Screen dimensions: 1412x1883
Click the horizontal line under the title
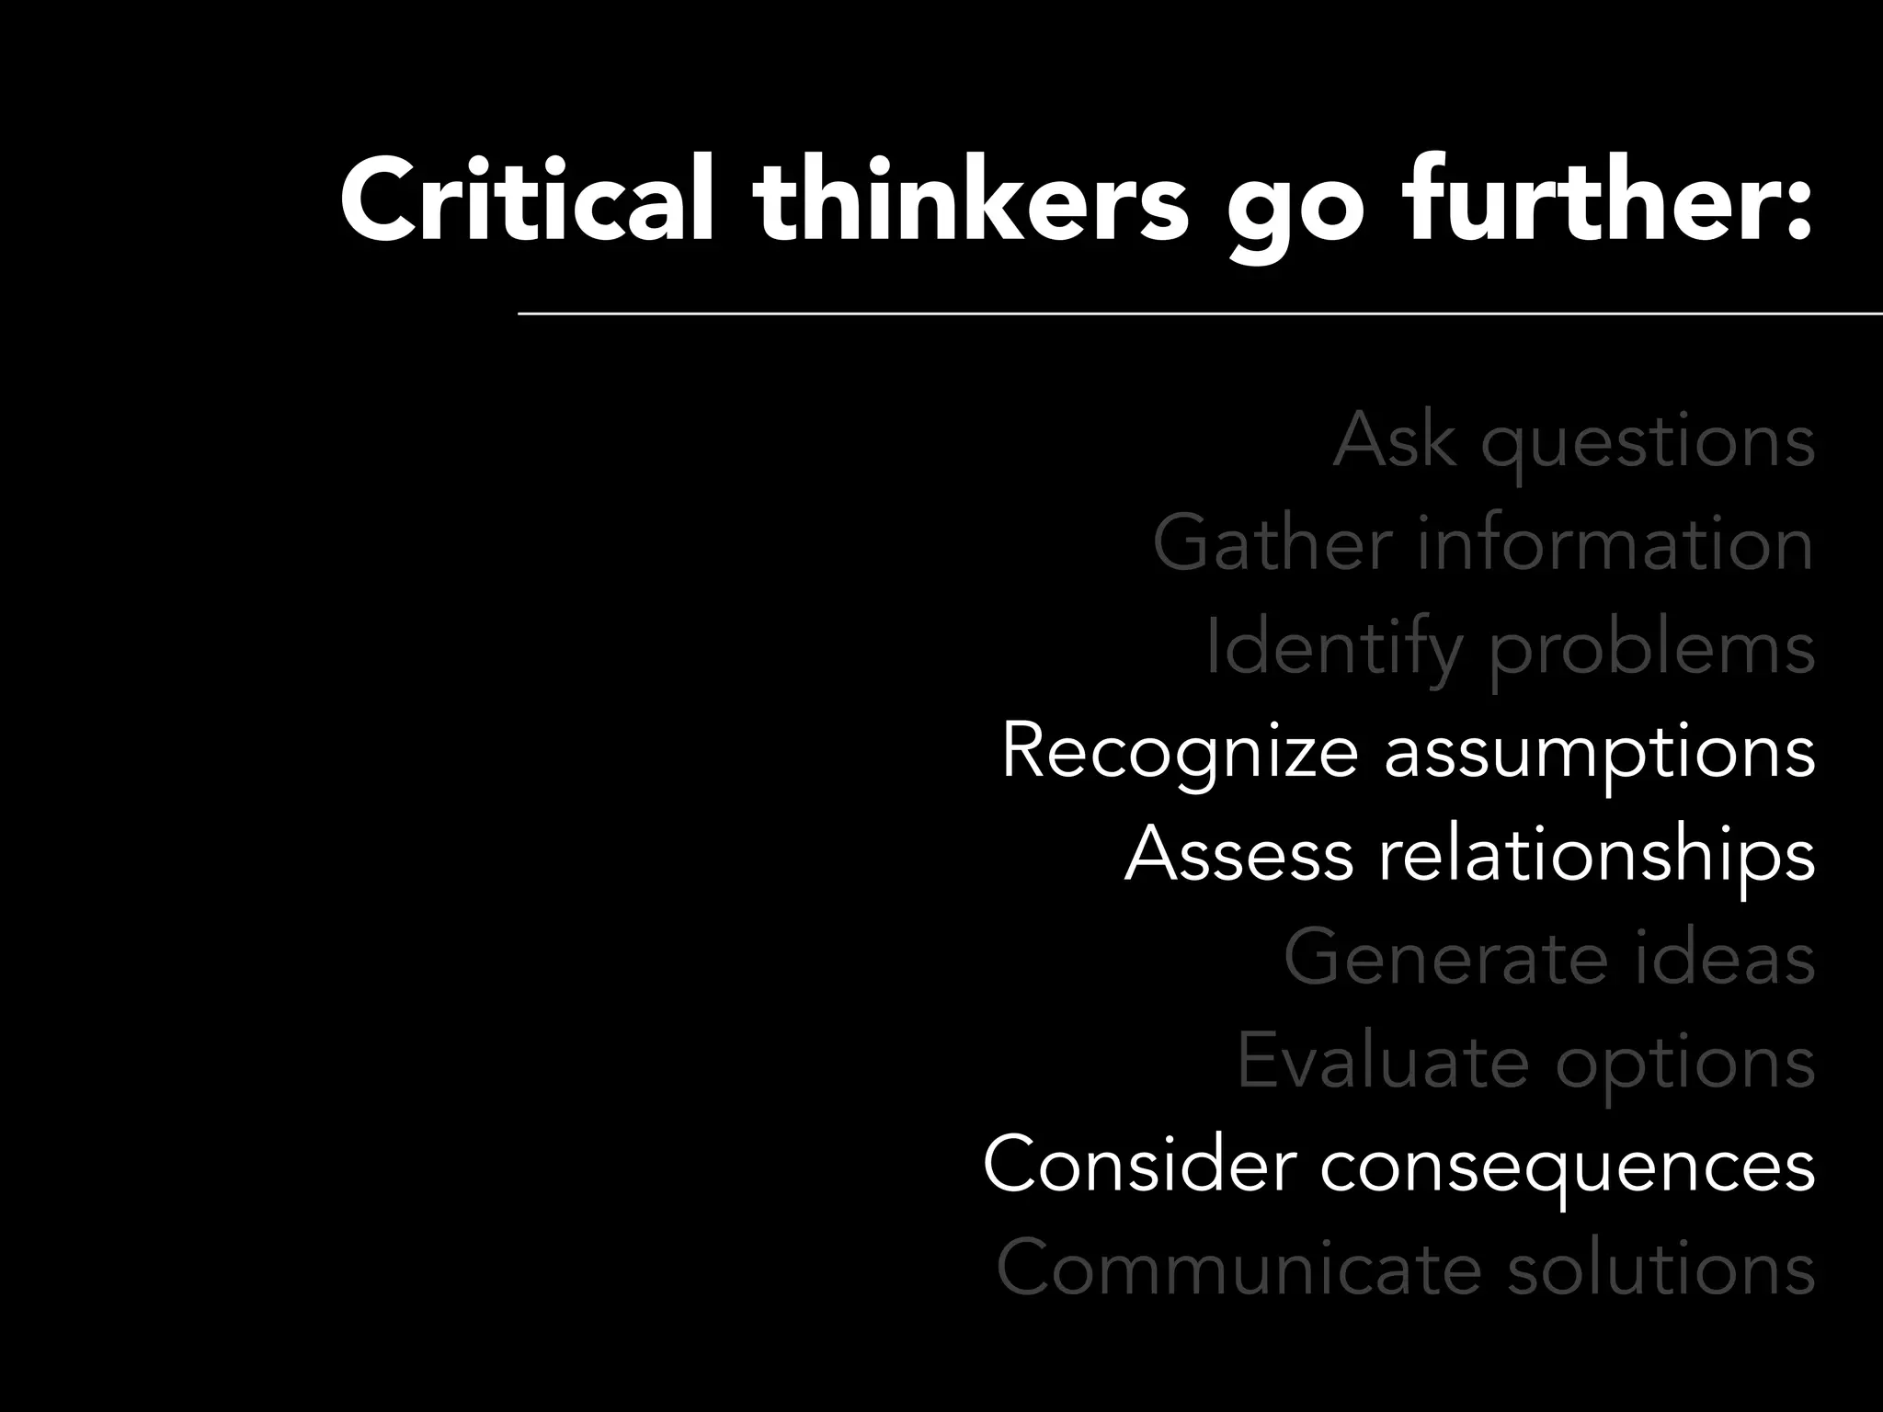tap(1195, 313)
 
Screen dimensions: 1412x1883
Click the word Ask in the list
tap(1394, 441)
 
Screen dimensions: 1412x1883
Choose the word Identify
tap(1333, 648)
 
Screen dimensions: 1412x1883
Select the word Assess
tap(1238, 854)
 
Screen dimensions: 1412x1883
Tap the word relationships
tap(1596, 856)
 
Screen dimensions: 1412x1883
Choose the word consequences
tap(1568, 1166)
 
